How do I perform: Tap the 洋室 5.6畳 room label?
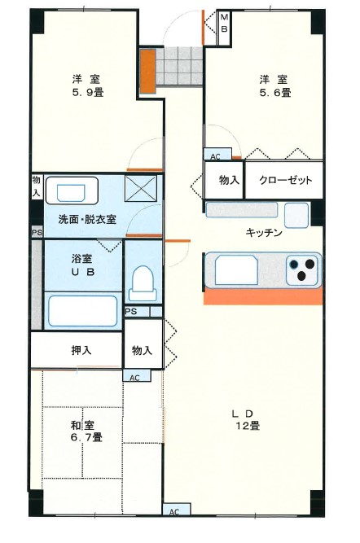tap(274, 85)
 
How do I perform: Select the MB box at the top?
tap(226, 24)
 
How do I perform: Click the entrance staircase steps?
tap(178, 65)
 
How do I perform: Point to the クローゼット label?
tap(279, 181)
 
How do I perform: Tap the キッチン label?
tap(264, 233)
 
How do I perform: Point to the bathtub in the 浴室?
tap(82, 311)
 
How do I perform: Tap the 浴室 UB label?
tap(81, 265)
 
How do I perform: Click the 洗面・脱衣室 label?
tap(87, 220)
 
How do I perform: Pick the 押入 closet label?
tap(81, 350)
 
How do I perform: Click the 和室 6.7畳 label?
tap(84, 431)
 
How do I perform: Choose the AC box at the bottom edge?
tap(173, 511)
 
